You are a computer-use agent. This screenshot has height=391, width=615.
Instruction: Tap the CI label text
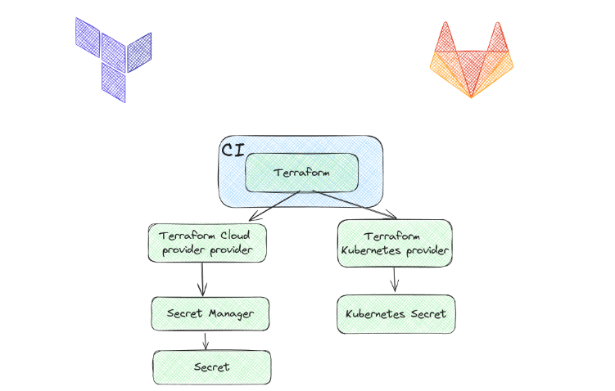tap(232, 150)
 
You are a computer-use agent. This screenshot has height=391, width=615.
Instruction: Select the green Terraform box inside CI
tap(302, 173)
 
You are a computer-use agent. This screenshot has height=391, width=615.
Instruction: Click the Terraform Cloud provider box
tap(208, 243)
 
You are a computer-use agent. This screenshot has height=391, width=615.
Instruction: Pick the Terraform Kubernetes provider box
tap(394, 243)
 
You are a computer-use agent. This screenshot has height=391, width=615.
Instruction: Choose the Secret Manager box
tap(210, 313)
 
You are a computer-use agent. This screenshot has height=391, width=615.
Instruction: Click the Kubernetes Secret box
tap(395, 314)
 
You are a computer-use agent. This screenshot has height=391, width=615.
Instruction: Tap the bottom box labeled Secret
tap(211, 366)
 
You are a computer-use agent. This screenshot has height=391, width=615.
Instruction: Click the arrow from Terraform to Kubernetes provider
tap(352, 205)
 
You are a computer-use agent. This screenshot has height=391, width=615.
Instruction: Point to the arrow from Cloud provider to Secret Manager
tap(203, 279)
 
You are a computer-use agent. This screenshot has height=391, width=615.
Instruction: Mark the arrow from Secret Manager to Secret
tap(206, 339)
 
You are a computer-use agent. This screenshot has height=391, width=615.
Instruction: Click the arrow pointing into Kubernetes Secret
tap(395, 279)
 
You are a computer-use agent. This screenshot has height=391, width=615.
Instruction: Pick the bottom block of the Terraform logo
tap(114, 82)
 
